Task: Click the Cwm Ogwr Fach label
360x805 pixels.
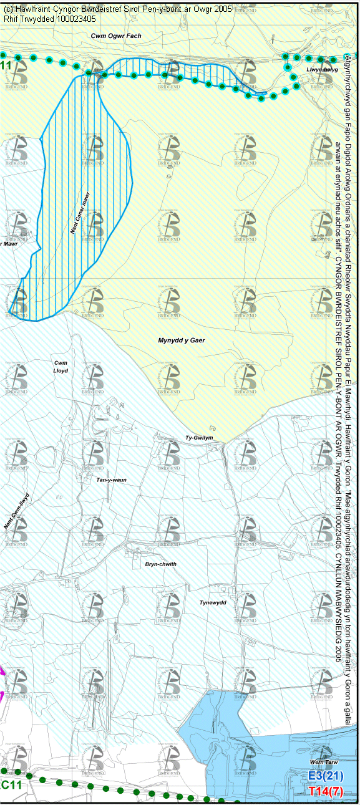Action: pyautogui.click(x=116, y=36)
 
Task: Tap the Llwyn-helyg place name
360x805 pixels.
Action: pyautogui.click(x=322, y=70)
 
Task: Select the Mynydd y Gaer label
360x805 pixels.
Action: pyautogui.click(x=181, y=340)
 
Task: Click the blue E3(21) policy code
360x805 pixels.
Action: pyautogui.click(x=326, y=776)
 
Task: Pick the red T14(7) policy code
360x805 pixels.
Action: pyautogui.click(x=326, y=791)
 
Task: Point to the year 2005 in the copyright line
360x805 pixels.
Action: pyautogui.click(x=221, y=9)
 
